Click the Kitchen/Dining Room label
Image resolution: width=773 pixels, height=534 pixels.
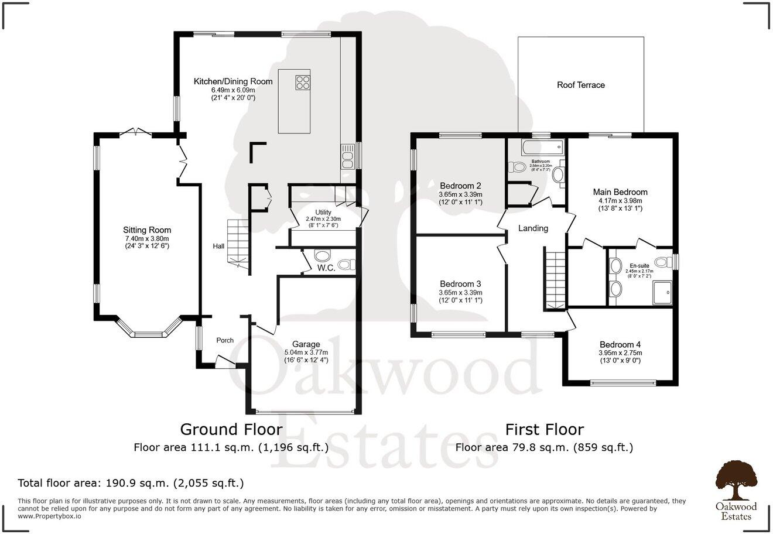coord(233,81)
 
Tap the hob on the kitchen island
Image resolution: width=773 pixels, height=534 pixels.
coord(303,83)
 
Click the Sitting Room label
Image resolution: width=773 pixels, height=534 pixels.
coord(146,230)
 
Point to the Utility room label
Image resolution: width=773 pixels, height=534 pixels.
coord(323,213)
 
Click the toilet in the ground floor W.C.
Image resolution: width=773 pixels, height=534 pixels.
coord(322,255)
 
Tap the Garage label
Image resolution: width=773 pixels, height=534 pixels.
coord(306,344)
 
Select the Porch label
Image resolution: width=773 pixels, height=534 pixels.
coord(225,340)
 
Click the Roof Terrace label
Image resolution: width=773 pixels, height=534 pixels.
coord(580,85)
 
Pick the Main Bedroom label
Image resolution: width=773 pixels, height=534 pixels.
coord(620,192)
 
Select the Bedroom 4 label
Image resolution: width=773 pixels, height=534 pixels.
coord(620,345)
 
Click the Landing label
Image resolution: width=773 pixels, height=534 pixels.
coord(533,228)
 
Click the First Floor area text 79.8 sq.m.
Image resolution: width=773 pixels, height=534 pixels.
coord(544,448)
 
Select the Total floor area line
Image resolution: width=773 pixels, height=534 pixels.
coord(131,483)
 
